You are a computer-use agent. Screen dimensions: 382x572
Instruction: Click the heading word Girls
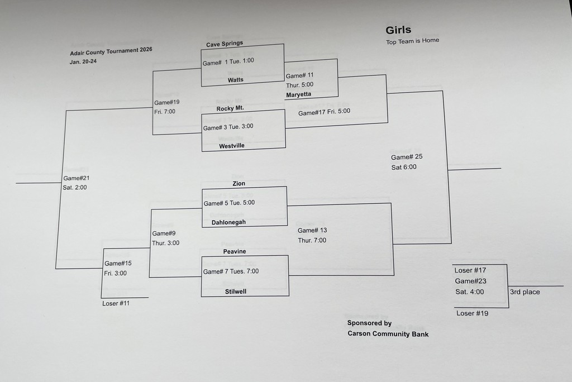click(398, 30)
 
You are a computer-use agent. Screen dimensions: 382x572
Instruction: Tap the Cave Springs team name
click(225, 44)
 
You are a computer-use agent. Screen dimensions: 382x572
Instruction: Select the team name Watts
click(236, 80)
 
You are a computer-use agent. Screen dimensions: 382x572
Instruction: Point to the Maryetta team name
click(298, 94)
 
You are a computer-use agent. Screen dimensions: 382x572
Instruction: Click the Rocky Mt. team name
click(230, 108)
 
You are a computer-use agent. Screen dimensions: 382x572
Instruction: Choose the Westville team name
click(231, 146)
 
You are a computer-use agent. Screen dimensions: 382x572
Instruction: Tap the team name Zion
click(239, 183)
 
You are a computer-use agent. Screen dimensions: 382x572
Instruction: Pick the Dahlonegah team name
click(228, 222)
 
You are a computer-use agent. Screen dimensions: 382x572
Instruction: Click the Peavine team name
click(235, 251)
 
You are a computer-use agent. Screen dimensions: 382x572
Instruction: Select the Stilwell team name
click(236, 291)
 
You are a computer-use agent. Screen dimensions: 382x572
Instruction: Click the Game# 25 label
click(407, 157)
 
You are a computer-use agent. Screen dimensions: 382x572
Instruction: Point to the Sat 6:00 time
click(403, 167)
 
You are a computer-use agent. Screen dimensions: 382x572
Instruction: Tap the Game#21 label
click(77, 178)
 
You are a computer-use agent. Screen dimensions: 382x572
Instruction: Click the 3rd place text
click(525, 292)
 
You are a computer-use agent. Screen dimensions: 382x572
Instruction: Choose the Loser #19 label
click(472, 313)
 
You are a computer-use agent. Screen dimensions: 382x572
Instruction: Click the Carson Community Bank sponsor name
click(388, 334)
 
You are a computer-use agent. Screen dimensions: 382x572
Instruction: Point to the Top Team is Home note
click(412, 41)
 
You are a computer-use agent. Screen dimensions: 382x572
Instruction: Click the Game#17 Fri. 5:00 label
click(324, 112)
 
